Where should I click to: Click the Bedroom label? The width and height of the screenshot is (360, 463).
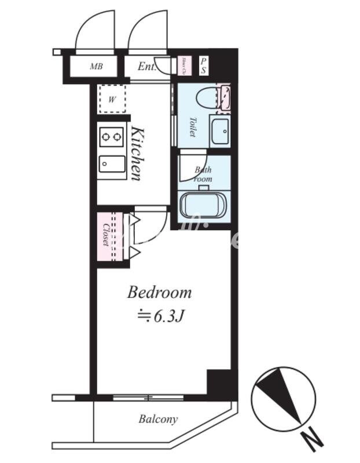click(x=159, y=292)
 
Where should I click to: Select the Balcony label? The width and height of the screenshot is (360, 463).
click(x=158, y=419)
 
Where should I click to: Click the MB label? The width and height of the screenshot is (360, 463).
click(x=96, y=67)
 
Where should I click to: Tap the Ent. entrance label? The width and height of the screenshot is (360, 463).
click(x=147, y=67)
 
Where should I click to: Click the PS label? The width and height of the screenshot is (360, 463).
click(x=203, y=65)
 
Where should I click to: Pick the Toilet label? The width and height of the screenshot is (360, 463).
click(x=193, y=127)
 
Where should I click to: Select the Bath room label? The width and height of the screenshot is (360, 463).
click(x=203, y=174)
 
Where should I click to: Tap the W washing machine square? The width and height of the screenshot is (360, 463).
click(x=112, y=99)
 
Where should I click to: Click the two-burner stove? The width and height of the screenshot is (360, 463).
click(x=112, y=137)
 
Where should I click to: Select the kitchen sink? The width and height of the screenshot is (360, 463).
click(x=112, y=164)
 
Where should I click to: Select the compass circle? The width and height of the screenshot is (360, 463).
click(x=283, y=398)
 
